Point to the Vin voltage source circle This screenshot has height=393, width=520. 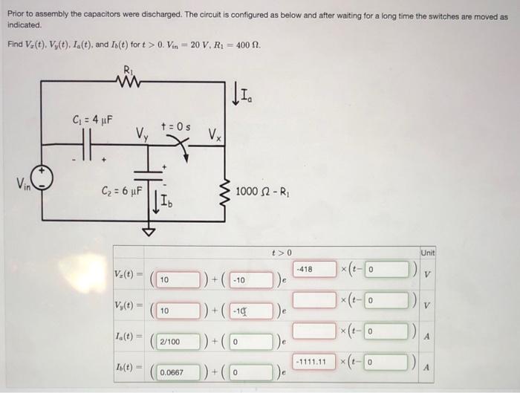41,179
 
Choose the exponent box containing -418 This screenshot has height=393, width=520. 311,267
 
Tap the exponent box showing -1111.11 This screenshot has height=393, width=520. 311,361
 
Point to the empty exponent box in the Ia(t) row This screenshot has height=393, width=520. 311,329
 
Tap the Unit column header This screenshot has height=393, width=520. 427,253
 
